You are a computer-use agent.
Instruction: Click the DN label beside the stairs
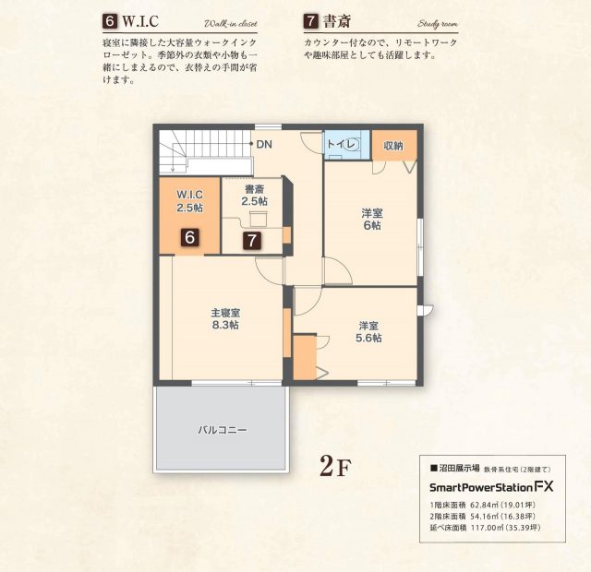[264, 144]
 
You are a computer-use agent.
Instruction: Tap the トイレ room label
[341, 144]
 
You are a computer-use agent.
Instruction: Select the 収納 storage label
[393, 146]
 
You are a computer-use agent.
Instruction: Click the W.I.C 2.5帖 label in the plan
[190, 201]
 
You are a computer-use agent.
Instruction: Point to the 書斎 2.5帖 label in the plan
[255, 195]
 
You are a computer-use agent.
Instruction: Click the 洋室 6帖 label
[371, 220]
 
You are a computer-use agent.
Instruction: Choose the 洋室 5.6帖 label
[368, 332]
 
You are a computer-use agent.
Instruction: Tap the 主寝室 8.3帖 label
[225, 319]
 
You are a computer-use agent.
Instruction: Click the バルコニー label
[223, 430]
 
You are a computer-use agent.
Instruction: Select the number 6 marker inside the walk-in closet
[190, 238]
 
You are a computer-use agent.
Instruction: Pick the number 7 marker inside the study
[252, 240]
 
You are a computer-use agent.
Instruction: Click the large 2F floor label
[334, 466]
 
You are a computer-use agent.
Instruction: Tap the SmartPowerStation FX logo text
[491, 487]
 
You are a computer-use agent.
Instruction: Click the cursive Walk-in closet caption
[231, 24]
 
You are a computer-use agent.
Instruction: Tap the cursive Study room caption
[438, 24]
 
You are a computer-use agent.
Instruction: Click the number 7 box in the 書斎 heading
[310, 21]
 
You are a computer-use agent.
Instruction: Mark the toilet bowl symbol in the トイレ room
[353, 145]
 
